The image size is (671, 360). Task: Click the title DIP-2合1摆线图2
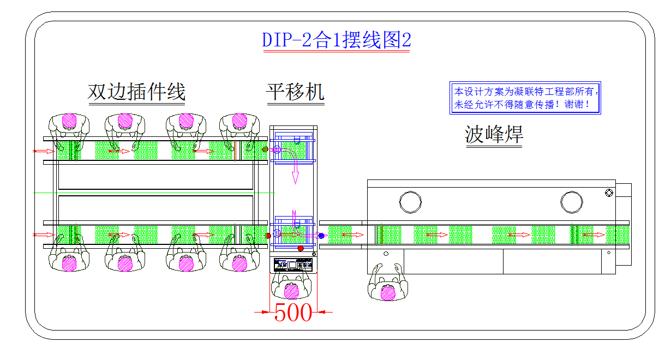point(336,40)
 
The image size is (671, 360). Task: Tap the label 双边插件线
point(136,92)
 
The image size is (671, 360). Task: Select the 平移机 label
point(295,92)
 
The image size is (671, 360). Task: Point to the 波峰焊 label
point(494,135)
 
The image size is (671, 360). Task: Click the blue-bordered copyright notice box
point(525,98)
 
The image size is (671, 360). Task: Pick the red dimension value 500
point(293,313)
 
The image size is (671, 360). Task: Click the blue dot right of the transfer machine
point(321,236)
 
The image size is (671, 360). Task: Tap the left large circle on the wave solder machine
point(410,201)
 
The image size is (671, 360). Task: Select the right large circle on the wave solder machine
point(571,201)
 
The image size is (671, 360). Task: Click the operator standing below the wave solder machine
point(388,283)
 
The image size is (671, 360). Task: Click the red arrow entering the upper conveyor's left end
point(42,151)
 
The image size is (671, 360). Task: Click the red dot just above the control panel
point(301,248)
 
